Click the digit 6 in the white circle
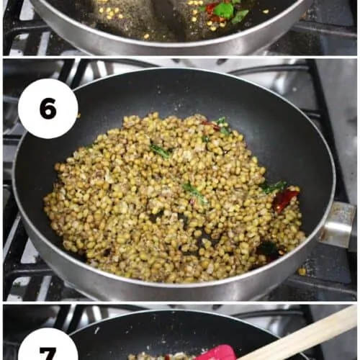pos(48,109)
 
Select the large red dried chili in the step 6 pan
pos(286,199)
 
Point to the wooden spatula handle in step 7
pos(300,333)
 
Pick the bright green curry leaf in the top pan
pos(224,10)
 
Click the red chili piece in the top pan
pos(211,8)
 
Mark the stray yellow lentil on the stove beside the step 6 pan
pos(302,271)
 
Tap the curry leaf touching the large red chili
pos(274,187)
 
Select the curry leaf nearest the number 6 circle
pos(161,152)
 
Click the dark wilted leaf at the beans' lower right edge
pos(268,248)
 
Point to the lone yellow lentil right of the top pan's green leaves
pos(266,12)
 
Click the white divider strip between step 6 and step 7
pos(180,302)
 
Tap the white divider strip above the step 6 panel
pos(180,57)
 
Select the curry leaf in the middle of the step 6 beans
pos(194,192)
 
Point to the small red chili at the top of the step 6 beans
pos(211,125)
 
